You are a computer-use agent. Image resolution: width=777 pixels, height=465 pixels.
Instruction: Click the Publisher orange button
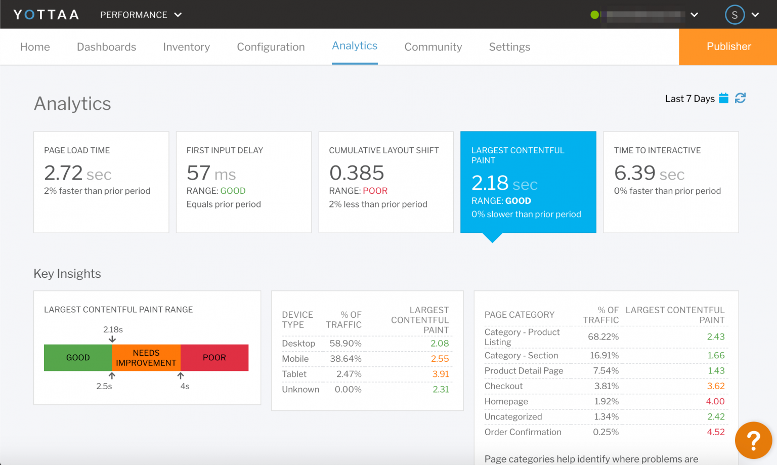coord(728,47)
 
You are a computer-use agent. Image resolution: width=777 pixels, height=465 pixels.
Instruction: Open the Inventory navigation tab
coord(186,47)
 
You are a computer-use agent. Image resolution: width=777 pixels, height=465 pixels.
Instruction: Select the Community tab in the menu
coord(433,47)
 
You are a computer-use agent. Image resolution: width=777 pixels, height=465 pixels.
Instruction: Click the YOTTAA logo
coord(46,15)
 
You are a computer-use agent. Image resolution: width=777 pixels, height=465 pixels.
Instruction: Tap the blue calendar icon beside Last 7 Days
coord(723,98)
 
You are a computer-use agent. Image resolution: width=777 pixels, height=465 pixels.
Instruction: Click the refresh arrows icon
coord(740,98)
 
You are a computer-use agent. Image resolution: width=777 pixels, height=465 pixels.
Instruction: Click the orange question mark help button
coord(753,440)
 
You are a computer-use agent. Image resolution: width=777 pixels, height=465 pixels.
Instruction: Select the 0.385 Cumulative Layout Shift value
coord(357,173)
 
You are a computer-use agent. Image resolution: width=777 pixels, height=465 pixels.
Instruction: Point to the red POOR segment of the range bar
coord(214,358)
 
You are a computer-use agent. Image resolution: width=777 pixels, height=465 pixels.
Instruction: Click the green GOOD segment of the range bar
coord(78,358)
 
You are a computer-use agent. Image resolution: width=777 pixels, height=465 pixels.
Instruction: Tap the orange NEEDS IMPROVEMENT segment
coord(146,358)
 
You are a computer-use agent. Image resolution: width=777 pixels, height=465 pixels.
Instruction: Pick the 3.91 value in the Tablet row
coord(440,374)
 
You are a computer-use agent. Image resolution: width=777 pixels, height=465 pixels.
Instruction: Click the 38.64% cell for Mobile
coord(346,359)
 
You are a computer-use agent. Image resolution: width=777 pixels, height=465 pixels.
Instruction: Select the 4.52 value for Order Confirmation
coord(715,432)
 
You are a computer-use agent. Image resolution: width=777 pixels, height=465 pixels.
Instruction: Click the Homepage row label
coord(506,401)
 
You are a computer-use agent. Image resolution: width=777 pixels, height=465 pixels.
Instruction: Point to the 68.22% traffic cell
coord(603,337)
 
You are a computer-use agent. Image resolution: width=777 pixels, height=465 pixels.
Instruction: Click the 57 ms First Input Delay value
coord(211,174)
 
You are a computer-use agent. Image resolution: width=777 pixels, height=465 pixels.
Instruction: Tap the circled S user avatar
coord(735,15)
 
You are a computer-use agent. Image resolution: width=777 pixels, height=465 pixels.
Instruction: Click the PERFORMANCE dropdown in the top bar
coord(141,15)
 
